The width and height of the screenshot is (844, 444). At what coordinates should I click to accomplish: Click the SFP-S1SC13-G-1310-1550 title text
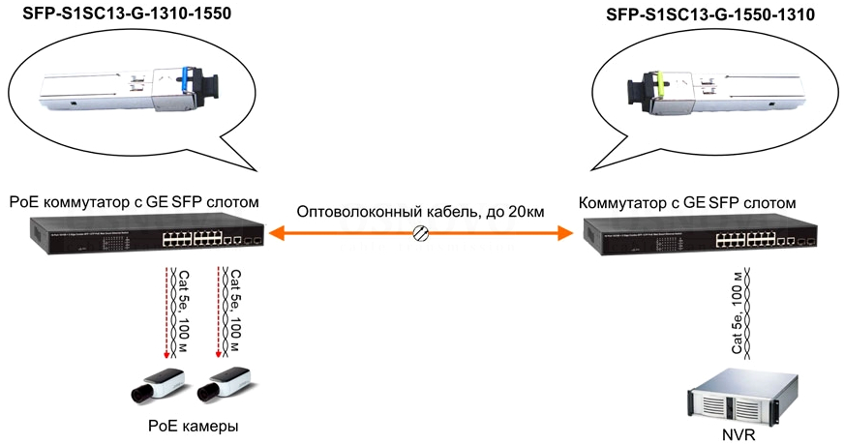pyautogui.click(x=127, y=13)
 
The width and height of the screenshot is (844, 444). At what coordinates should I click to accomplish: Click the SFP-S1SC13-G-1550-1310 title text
pyautogui.click(x=710, y=15)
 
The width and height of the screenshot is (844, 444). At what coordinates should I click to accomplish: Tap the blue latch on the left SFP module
pyautogui.click(x=185, y=79)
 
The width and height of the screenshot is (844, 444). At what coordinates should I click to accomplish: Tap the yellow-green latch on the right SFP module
pyautogui.click(x=658, y=84)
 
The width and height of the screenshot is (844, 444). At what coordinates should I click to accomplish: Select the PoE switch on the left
pyautogui.click(x=147, y=232)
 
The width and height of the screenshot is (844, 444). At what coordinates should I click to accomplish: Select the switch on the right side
pyautogui.click(x=701, y=234)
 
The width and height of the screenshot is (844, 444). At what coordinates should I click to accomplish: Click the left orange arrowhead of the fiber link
pyautogui.click(x=277, y=233)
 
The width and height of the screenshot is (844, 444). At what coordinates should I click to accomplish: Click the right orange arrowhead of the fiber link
pyautogui.click(x=564, y=233)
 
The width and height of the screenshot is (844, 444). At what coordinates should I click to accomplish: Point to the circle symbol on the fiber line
pyautogui.click(x=420, y=233)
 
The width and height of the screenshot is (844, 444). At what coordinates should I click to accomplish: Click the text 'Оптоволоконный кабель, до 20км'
pyautogui.click(x=420, y=212)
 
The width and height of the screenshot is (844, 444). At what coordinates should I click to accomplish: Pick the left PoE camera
pyautogui.click(x=159, y=385)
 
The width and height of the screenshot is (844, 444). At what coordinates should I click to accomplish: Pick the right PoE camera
pyautogui.click(x=224, y=384)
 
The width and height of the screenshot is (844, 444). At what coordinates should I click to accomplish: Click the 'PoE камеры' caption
pyautogui.click(x=194, y=427)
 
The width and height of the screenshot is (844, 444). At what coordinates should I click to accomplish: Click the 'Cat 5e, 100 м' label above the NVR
pyautogui.click(x=737, y=313)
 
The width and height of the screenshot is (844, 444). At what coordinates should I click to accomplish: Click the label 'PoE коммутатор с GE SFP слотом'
pyautogui.click(x=134, y=202)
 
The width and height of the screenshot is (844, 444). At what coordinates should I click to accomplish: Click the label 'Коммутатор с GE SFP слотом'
pyautogui.click(x=687, y=203)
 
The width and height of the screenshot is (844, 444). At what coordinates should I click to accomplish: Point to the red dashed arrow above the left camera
pyautogui.click(x=166, y=312)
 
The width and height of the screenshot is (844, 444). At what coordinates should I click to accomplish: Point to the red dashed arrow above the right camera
pyautogui.click(x=218, y=312)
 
